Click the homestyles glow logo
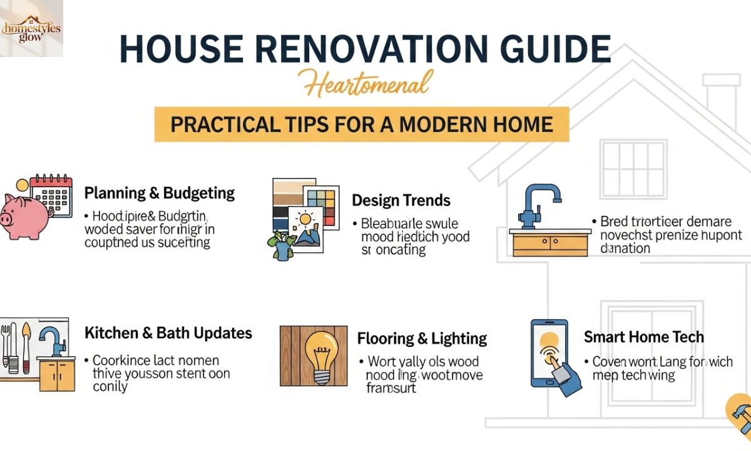[x=31, y=28]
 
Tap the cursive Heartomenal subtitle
[x=365, y=85]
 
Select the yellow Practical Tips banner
[x=362, y=123]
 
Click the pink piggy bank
[x=25, y=216]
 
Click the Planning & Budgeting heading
[x=160, y=193]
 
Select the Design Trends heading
[x=401, y=200]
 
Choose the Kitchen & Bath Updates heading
[x=168, y=333]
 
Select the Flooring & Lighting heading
[x=422, y=339]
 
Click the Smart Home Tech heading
[x=644, y=337]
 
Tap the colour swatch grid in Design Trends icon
[x=320, y=202]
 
